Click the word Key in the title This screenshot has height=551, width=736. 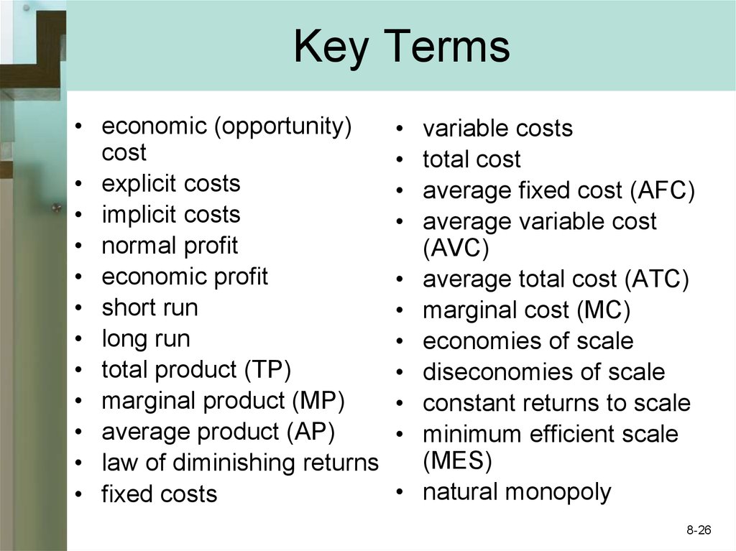coord(331,47)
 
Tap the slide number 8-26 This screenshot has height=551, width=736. coord(699,530)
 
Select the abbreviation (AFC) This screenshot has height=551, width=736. coord(662,190)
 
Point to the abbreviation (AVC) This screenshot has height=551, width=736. coord(456,248)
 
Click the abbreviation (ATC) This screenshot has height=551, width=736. coord(657,279)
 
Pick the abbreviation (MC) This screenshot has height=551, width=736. coord(604,310)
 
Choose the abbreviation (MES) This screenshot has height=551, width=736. coord(457,460)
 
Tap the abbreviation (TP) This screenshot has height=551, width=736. coord(267,369)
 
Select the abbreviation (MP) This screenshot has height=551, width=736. coord(318,401)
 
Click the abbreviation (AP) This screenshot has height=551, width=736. coord(310,432)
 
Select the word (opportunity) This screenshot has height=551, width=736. coord(282,126)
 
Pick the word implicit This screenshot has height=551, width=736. coord(140,215)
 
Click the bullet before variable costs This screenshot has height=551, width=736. coord(400,129)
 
